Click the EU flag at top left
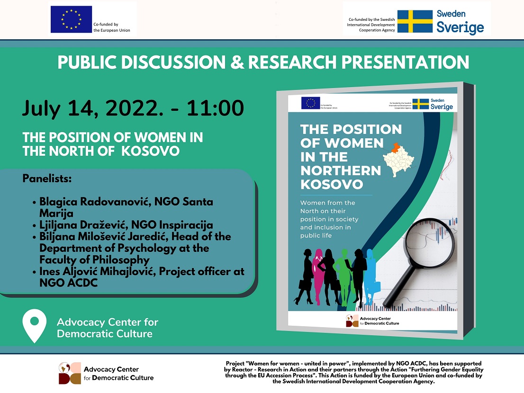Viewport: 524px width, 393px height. tap(71, 19)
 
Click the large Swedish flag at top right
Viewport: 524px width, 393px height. tap(415, 21)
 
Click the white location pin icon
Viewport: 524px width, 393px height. tap(34, 326)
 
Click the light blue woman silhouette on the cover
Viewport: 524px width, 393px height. tap(370, 272)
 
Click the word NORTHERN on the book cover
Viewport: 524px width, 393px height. tap(341, 170)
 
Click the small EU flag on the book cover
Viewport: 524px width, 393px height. tap(310, 103)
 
